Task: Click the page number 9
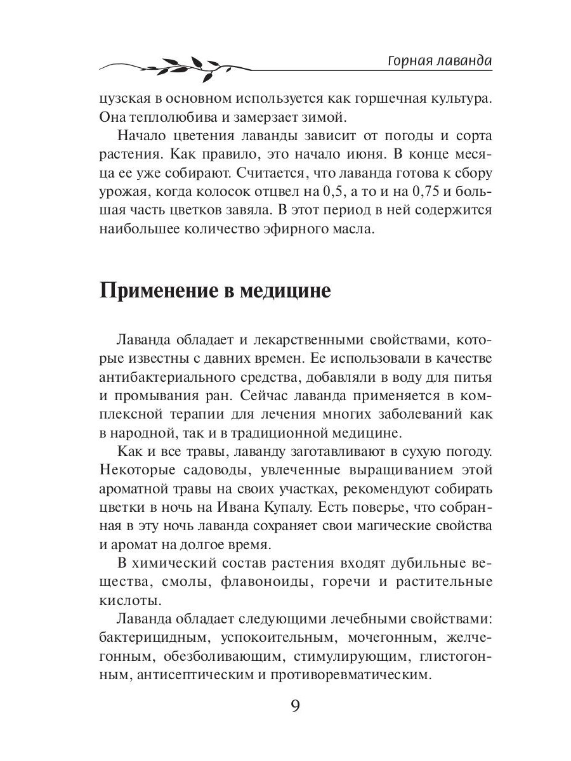[x=294, y=706]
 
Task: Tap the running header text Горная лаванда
[x=439, y=61]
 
